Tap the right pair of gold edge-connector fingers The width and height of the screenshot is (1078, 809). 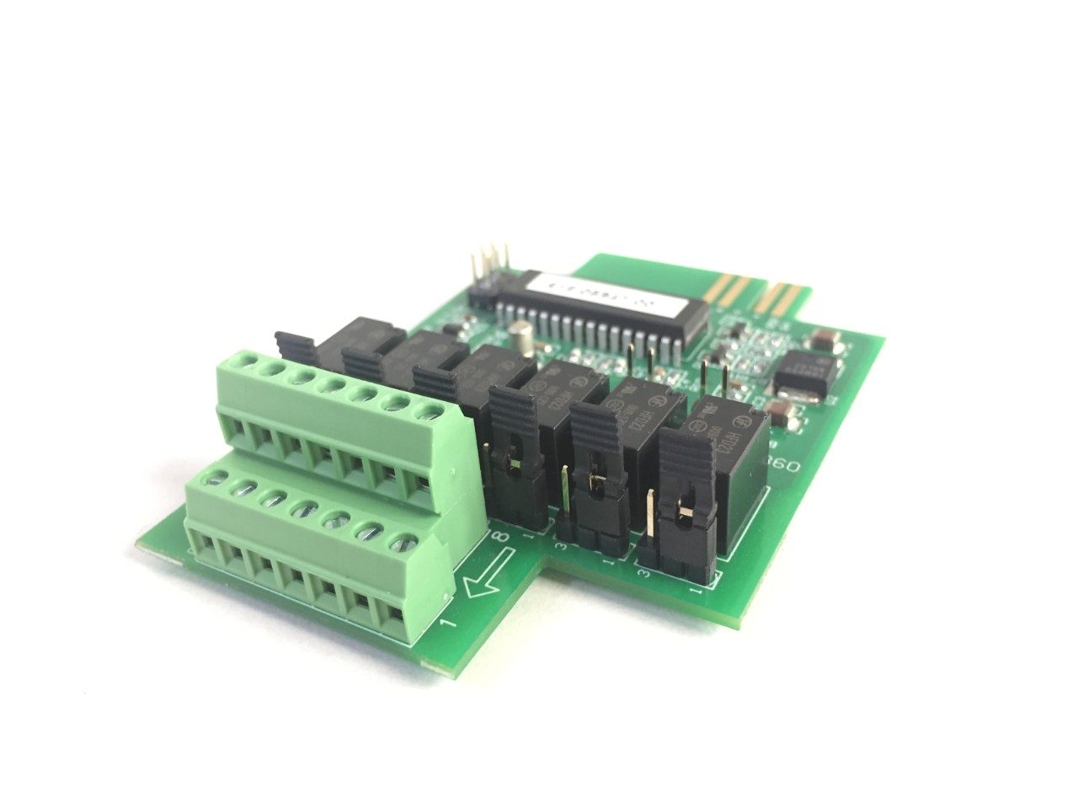click(x=783, y=297)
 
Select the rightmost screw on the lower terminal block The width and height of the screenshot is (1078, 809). click(x=405, y=542)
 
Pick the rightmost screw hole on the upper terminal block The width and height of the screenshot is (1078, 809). click(x=432, y=410)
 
